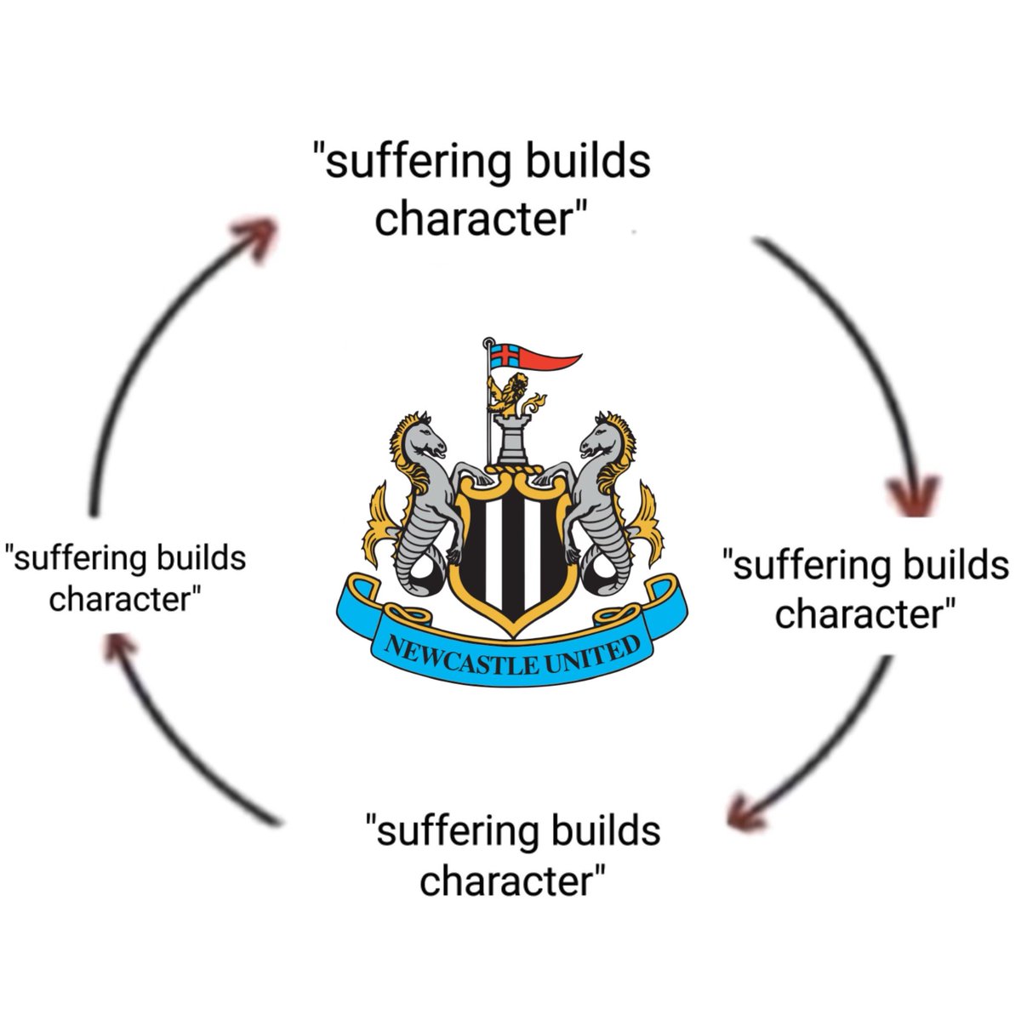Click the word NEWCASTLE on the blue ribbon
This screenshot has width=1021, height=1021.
tap(460, 657)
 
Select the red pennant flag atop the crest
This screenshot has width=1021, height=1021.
tap(535, 356)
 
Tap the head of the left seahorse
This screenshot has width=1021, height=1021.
tap(424, 439)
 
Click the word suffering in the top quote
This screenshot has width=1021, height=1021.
tap(418, 163)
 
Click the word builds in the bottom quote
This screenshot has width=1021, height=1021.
tap(606, 830)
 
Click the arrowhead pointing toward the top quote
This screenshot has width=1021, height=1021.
tap(255, 237)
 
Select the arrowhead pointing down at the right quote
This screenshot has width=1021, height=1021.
tap(912, 495)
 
